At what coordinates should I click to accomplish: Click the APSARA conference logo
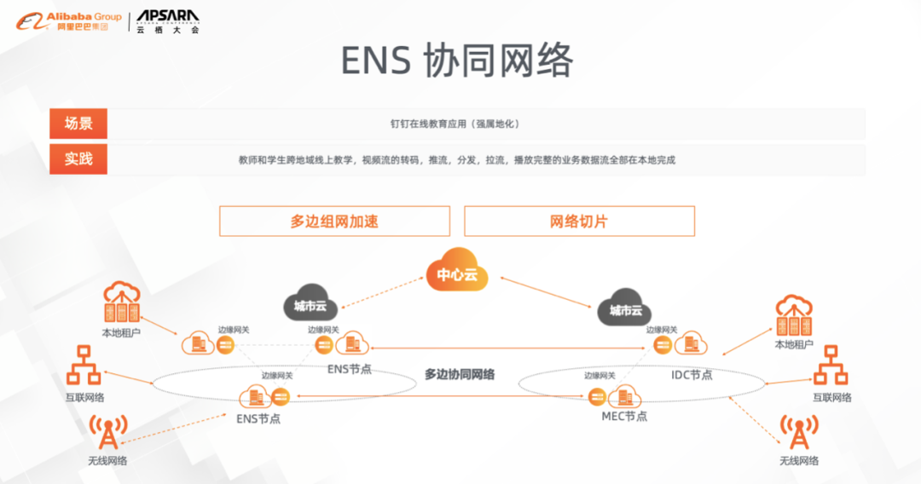167,21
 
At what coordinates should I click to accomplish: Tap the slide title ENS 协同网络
457,60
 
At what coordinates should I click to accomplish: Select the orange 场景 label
78,124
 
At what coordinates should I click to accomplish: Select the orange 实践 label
78,159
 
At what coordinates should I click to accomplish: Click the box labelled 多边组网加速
334,222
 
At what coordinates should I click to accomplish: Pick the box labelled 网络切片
579,222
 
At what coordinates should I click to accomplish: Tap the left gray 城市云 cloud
310,303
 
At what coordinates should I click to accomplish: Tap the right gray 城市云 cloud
625,309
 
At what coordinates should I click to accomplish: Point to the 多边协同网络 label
460,374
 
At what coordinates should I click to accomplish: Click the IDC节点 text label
692,374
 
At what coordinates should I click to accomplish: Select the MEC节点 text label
624,416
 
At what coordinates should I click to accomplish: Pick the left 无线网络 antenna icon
107,432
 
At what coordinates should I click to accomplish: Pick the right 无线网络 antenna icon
799,432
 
